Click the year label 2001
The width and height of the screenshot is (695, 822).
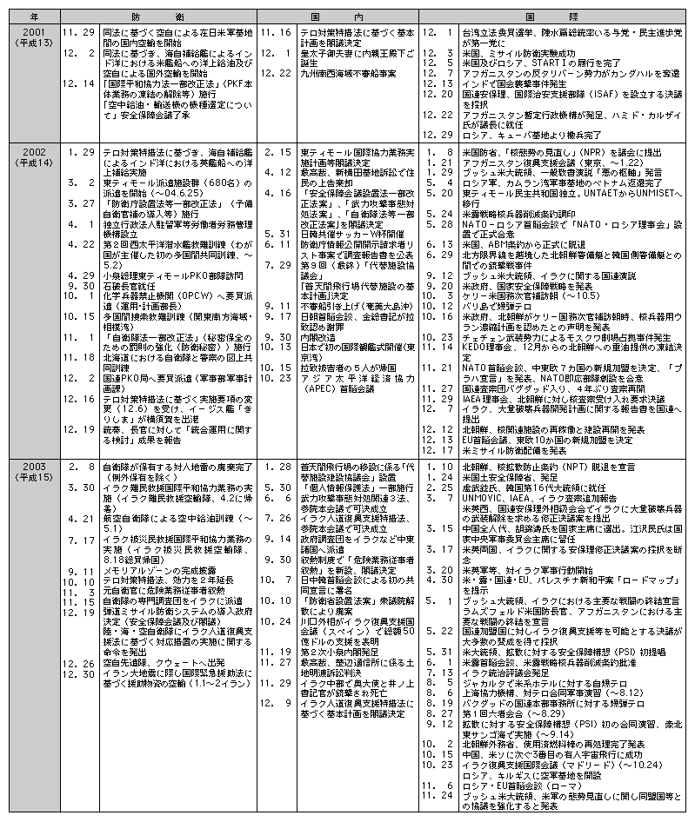tap(23, 31)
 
